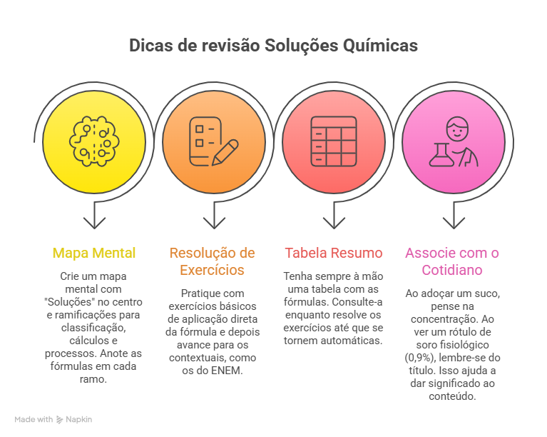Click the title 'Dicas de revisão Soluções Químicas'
coord(273,46)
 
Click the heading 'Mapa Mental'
coord(94,253)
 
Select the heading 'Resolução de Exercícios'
coord(212,261)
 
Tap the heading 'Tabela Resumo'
coord(333,253)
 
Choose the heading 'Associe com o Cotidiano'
coord(452,261)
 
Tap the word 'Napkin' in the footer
coord(79,420)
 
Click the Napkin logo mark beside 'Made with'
coord(60,420)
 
